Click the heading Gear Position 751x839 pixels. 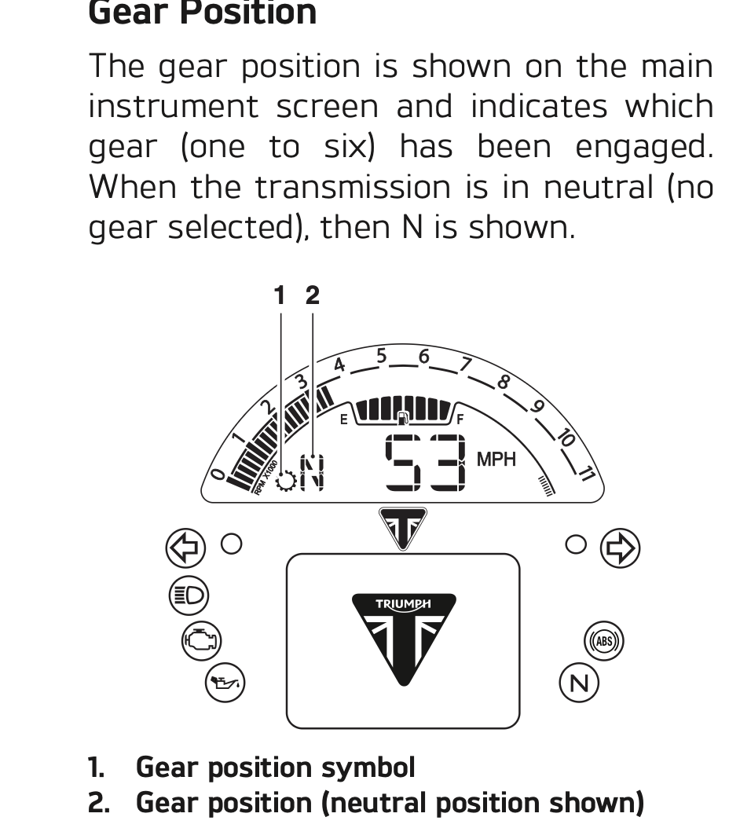click(x=202, y=13)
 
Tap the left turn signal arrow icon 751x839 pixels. click(x=185, y=547)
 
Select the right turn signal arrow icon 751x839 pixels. click(x=620, y=547)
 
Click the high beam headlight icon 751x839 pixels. click(x=189, y=595)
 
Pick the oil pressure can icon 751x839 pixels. click(x=225, y=683)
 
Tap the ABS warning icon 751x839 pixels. click(x=603, y=641)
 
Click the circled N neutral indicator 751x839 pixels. click(x=579, y=683)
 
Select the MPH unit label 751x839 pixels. click(x=496, y=460)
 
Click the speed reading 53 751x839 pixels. click(x=424, y=462)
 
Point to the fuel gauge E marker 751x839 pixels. click(x=343, y=419)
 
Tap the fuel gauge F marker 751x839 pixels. click(x=460, y=419)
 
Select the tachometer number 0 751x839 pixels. click(x=218, y=474)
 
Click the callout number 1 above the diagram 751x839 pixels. click(x=280, y=295)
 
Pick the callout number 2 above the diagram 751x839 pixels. click(x=313, y=295)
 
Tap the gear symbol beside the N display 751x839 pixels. click(x=286, y=480)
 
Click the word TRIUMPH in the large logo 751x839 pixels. click(x=403, y=604)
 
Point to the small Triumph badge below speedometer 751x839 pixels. click(x=403, y=526)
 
